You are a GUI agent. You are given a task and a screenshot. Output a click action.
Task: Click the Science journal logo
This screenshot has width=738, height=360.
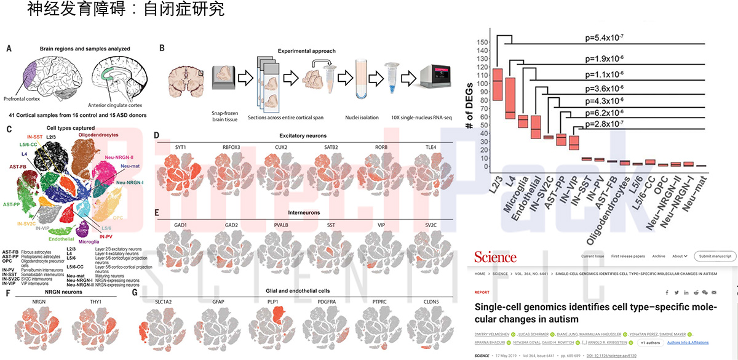tap(495, 257)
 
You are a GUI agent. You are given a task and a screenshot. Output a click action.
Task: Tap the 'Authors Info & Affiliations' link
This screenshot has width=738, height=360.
tap(686, 343)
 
